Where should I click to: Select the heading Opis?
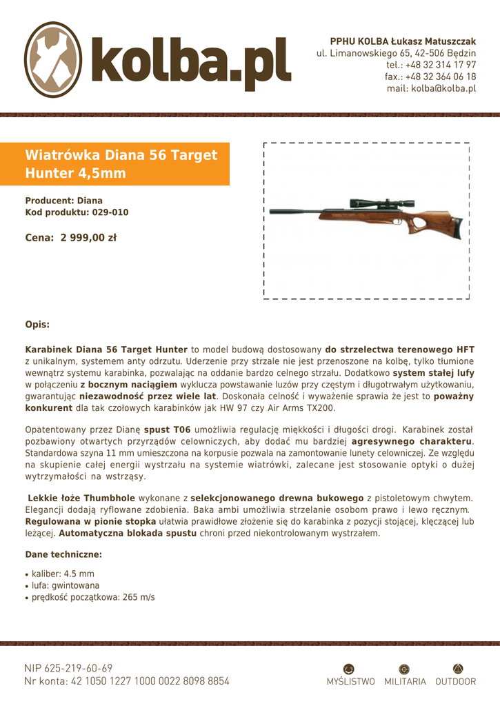click(x=37, y=323)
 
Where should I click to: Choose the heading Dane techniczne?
click(x=63, y=554)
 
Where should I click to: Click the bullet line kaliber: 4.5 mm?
click(x=63, y=574)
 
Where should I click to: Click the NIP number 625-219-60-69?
click(x=79, y=668)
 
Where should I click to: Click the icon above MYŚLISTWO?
click(x=350, y=668)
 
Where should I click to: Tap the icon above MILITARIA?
click(x=405, y=668)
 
